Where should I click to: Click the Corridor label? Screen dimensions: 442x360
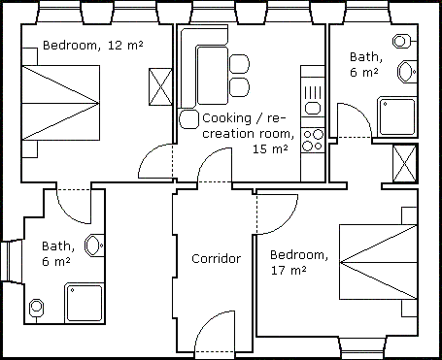coord(217,258)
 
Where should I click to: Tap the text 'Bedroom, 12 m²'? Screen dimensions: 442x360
coord(93,45)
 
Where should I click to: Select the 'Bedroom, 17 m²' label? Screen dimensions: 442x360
coord(299,262)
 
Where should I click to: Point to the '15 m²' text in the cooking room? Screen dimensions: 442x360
coord(270,148)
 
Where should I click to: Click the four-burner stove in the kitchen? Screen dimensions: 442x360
coord(313,140)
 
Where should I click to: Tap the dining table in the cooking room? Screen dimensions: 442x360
coord(212,76)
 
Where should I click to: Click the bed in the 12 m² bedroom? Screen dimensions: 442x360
coord(60,103)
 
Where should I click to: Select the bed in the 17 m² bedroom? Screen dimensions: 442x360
coord(378,262)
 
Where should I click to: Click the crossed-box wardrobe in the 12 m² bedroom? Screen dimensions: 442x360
coord(160,86)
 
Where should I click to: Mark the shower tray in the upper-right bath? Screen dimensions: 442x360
coord(397,116)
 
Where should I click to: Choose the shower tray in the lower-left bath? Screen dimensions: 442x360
coord(85,303)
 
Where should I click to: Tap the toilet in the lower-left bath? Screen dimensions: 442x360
coord(94,245)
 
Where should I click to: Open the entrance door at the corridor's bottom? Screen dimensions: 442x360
coord(215,331)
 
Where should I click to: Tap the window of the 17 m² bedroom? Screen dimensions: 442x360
coord(362,346)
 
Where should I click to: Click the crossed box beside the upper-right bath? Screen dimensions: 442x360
coord(404,164)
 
